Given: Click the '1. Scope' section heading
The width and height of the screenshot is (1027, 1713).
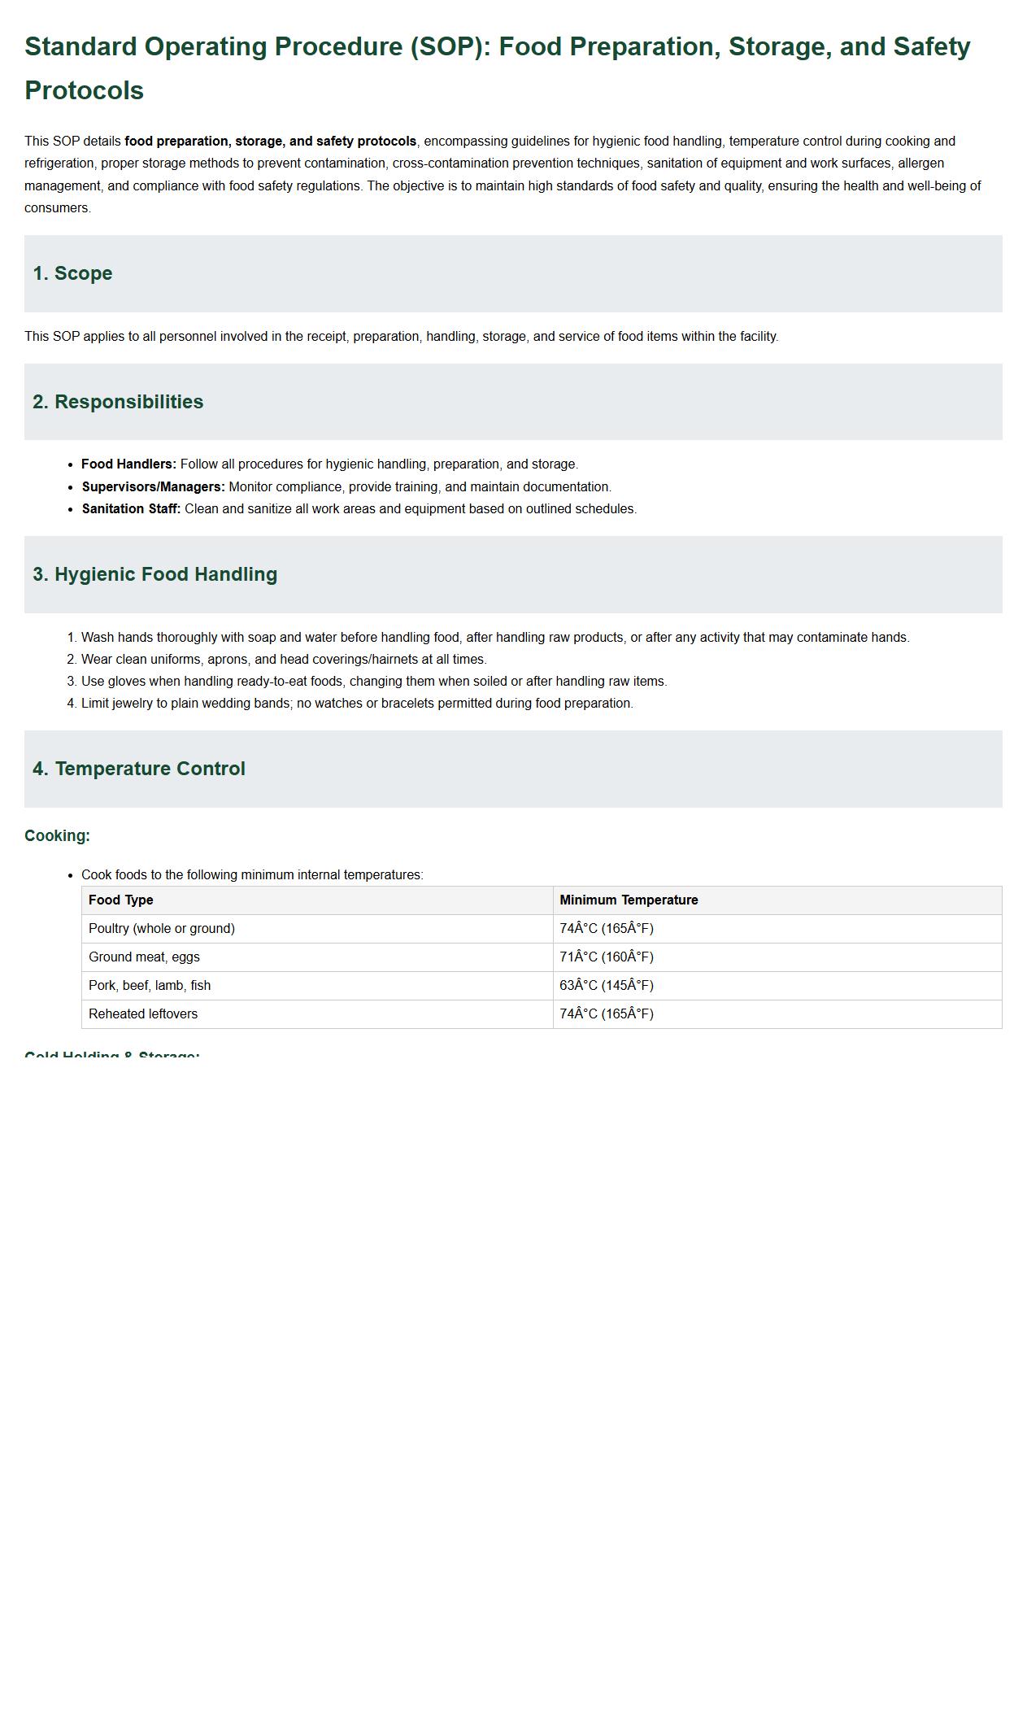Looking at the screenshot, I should pos(72,273).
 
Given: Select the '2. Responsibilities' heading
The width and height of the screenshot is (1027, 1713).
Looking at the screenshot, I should pos(118,402).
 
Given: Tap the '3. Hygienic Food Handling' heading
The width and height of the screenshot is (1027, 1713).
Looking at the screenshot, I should pos(154,574).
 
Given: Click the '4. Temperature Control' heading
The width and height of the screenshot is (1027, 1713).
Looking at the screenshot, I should pos(138,769).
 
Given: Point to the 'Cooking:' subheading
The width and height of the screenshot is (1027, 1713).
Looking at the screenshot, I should pos(57,836).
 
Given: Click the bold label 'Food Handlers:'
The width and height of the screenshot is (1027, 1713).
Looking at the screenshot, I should pos(128,464).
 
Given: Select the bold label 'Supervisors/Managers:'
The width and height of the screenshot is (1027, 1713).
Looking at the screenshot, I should pos(153,487).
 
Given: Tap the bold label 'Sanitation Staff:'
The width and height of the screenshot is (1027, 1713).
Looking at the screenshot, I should pos(131,509).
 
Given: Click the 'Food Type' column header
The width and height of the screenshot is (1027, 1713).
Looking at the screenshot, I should pos(120,900).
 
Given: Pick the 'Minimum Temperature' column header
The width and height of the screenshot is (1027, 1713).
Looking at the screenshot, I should pos(629,900).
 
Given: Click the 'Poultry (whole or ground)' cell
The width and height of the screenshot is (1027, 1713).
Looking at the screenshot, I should pos(161,929).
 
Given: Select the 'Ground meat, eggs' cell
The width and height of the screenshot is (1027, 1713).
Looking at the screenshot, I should pos(144,957).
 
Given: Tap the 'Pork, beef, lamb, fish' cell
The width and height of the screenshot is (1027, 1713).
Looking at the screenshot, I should pos(150,986).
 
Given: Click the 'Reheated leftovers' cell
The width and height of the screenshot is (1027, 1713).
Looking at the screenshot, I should pos(143,1014).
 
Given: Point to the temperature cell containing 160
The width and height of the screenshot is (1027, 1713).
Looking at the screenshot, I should pos(607,957).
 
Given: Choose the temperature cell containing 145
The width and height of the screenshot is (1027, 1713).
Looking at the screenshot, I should pos(607,986).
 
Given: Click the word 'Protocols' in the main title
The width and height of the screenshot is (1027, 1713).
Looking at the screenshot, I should pos(84,90).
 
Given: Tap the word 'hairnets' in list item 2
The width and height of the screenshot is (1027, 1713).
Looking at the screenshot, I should pos(394,660).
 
